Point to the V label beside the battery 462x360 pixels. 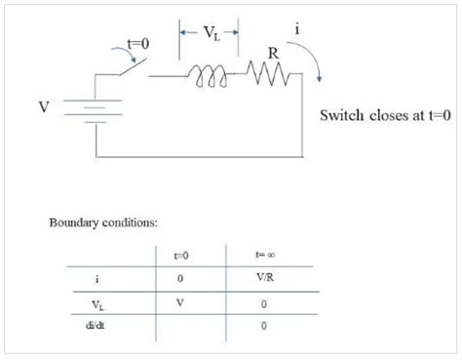click(44, 105)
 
